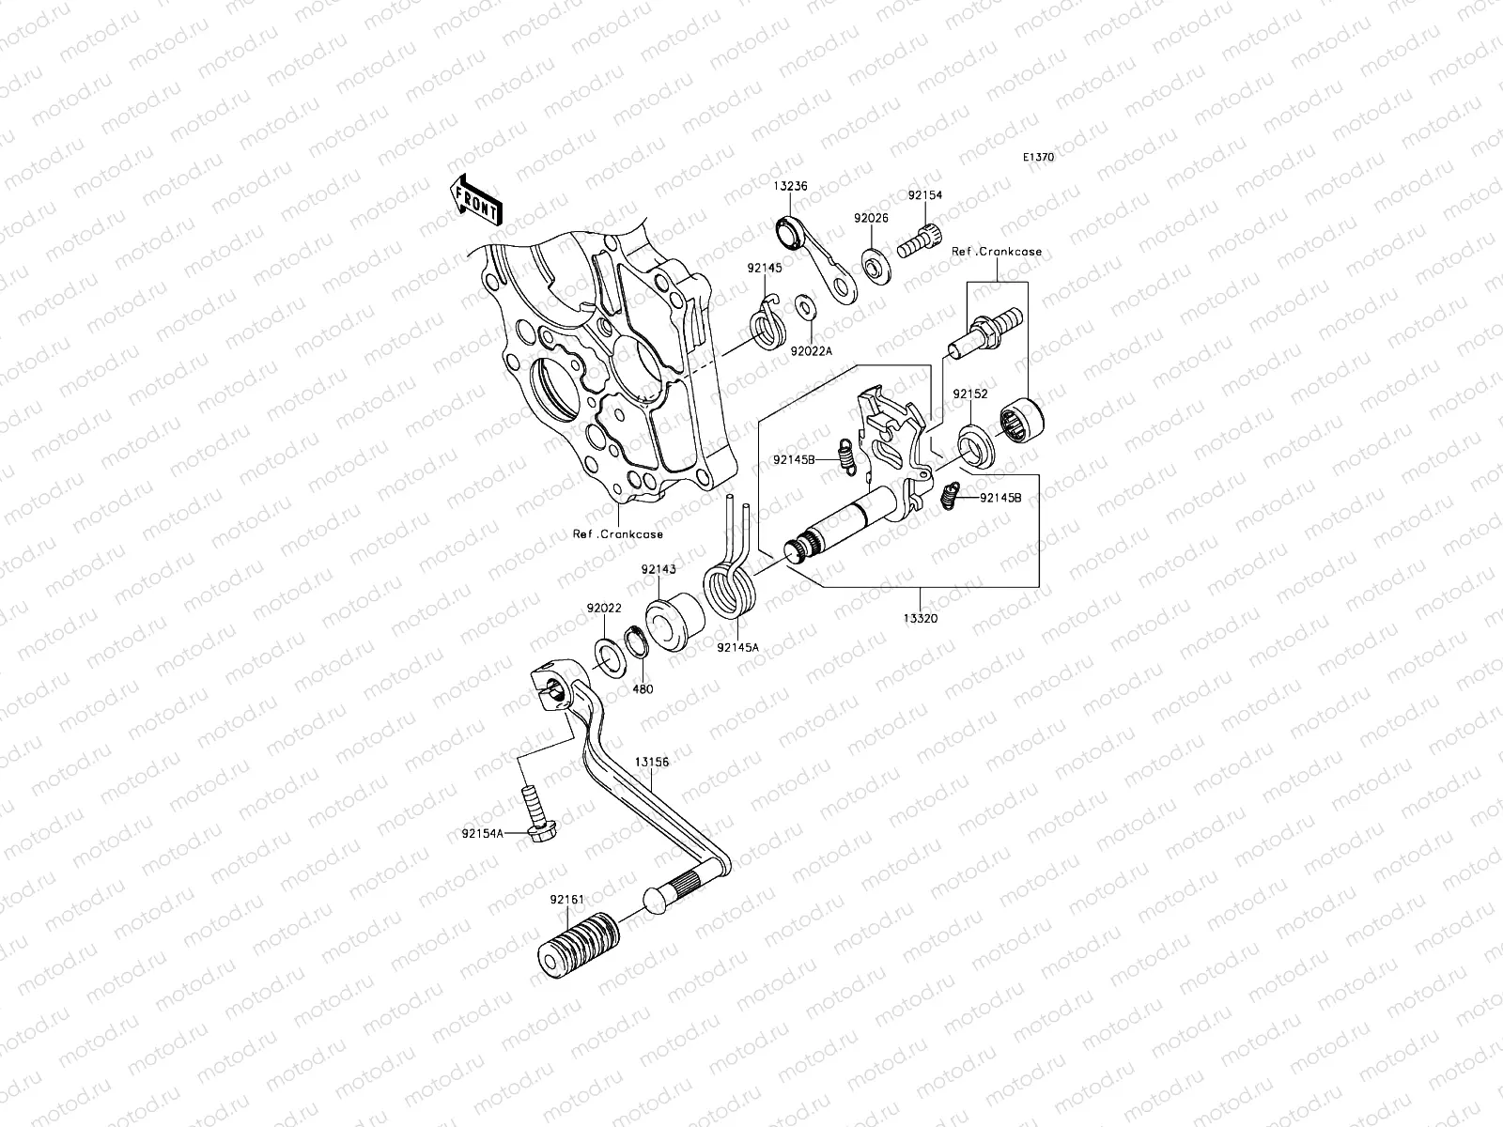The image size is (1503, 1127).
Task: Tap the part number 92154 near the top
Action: click(x=924, y=196)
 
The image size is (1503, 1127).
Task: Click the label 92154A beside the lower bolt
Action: click(x=483, y=833)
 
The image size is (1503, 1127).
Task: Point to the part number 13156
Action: click(x=651, y=763)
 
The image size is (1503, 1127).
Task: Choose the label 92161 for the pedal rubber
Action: click(x=568, y=899)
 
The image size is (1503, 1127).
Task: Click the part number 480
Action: click(x=643, y=688)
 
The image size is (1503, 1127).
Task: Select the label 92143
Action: click(x=659, y=569)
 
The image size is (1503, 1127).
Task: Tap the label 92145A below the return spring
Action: click(x=737, y=646)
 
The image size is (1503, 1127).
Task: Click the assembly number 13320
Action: click(x=920, y=619)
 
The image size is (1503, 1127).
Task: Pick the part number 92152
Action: click(x=970, y=394)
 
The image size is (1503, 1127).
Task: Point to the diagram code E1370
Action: click(x=1064, y=158)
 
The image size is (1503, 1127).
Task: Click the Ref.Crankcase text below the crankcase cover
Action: click(x=618, y=534)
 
